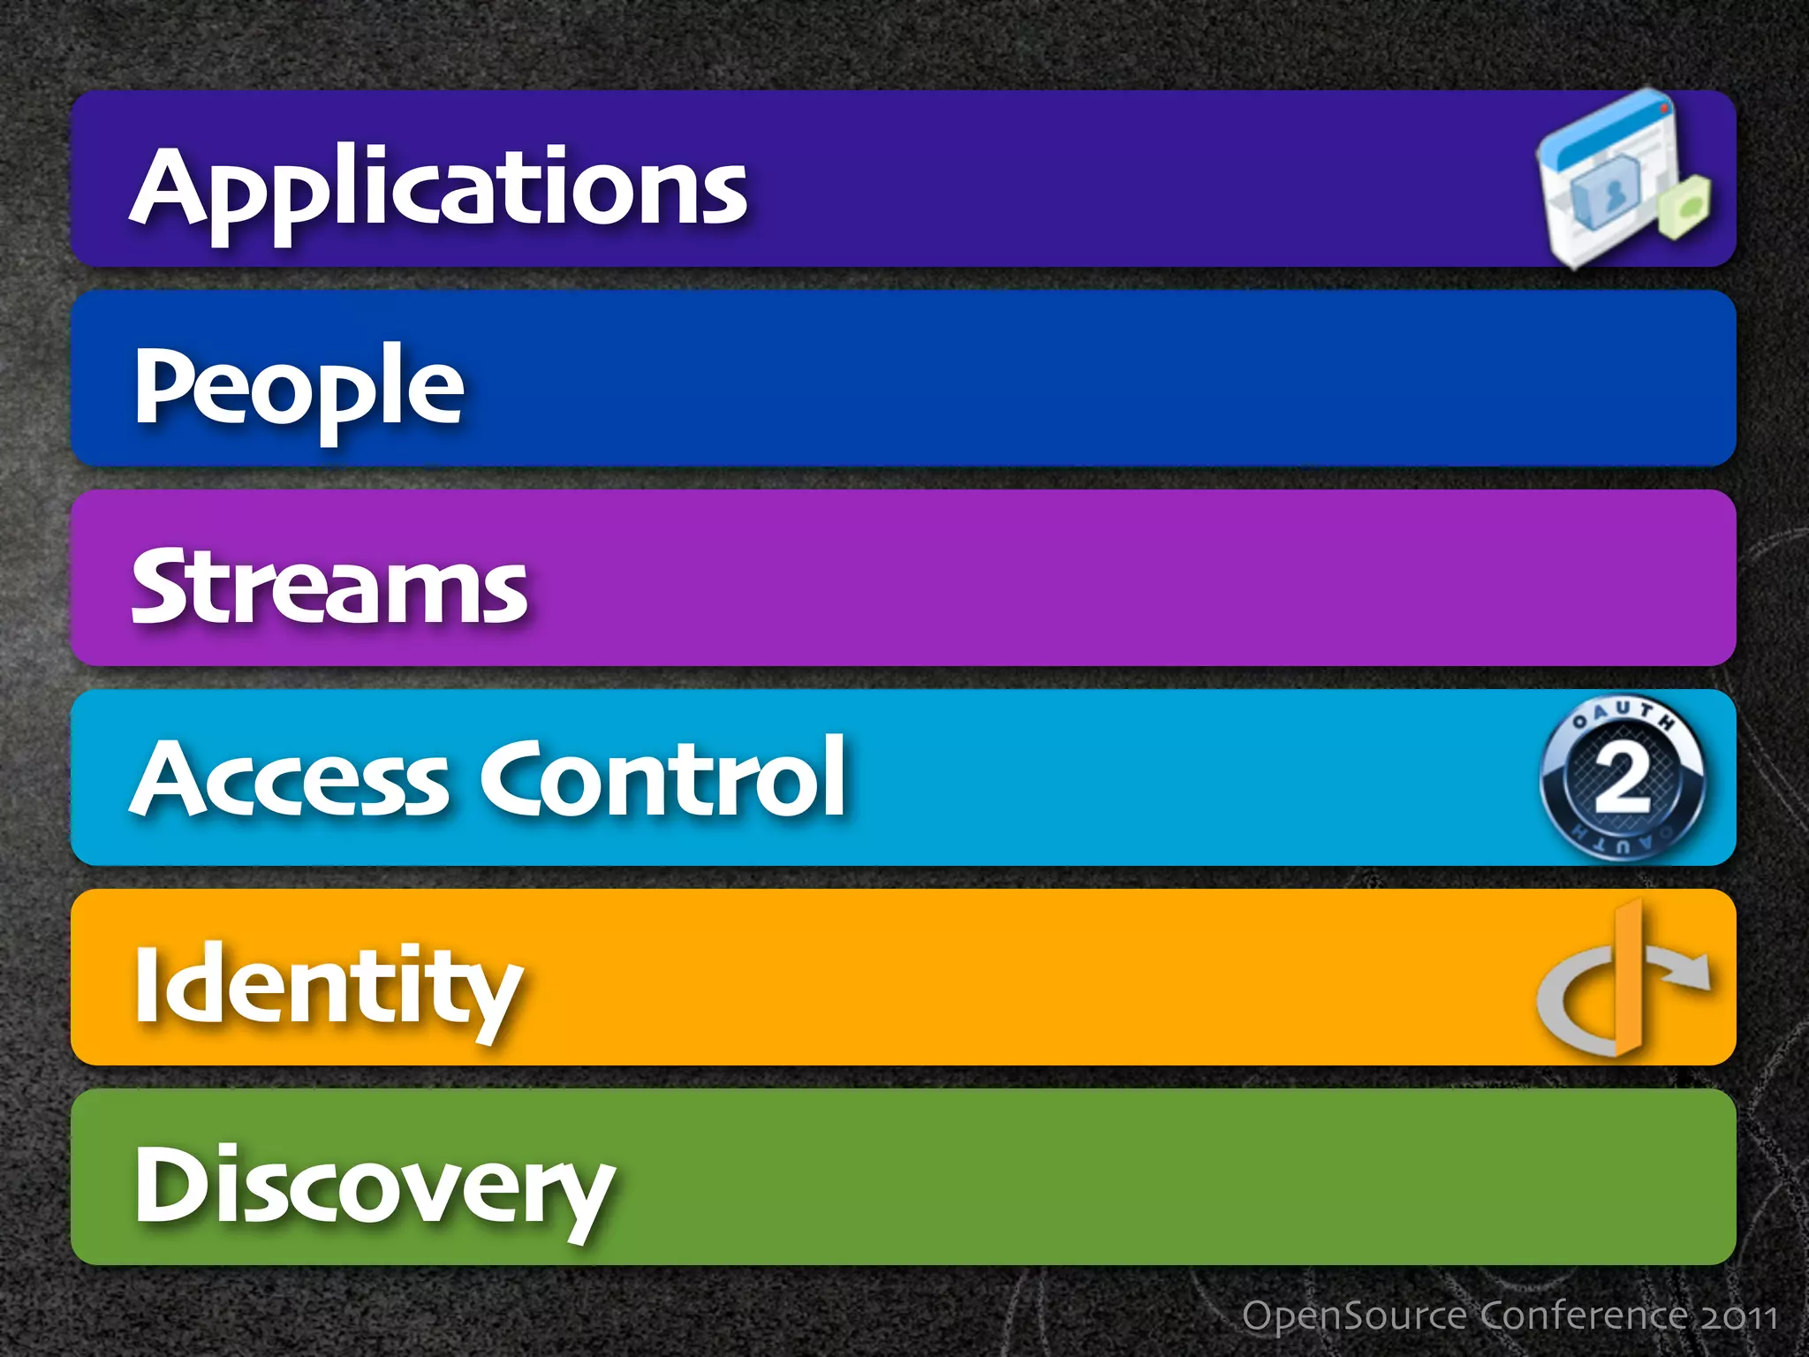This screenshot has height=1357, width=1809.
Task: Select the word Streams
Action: [x=329, y=586]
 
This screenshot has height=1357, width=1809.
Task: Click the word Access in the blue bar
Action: [x=291, y=778]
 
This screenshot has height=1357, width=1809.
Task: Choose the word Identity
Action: [x=328, y=985]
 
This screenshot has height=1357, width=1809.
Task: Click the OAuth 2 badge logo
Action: [x=1623, y=778]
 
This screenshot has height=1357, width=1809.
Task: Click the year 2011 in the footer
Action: [x=1739, y=1317]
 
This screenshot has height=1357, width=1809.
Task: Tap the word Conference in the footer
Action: [x=1586, y=1315]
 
